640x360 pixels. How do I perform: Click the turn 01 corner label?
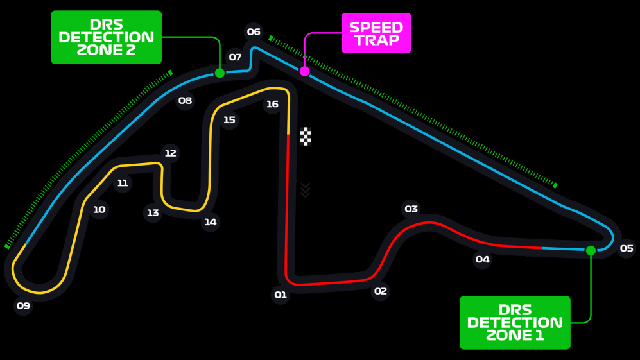pyautogui.click(x=281, y=295)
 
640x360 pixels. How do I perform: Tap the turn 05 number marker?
pyautogui.click(x=627, y=248)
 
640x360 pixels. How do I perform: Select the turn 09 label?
pyautogui.click(x=23, y=305)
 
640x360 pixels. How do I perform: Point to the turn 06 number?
pyautogui.click(x=254, y=31)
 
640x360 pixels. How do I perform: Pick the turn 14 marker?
pyautogui.click(x=210, y=222)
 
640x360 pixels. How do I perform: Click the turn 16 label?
pyautogui.click(x=272, y=104)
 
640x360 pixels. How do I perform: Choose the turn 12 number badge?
pyautogui.click(x=170, y=153)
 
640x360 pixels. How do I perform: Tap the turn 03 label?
pyautogui.click(x=411, y=209)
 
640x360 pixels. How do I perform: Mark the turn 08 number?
pyautogui.click(x=185, y=100)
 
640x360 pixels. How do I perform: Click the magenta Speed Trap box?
pyautogui.click(x=376, y=33)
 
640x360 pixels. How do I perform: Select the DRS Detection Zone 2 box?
pyautogui.click(x=106, y=37)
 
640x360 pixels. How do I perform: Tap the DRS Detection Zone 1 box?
pyautogui.click(x=515, y=322)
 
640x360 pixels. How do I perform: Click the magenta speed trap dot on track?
pyautogui.click(x=304, y=71)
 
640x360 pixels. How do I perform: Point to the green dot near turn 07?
pyautogui.click(x=220, y=73)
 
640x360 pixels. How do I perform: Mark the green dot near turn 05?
pyautogui.click(x=591, y=251)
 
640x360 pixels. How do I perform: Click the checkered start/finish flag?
pyautogui.click(x=306, y=136)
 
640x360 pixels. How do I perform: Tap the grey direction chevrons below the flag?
pyautogui.click(x=306, y=190)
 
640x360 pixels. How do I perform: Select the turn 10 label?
pyautogui.click(x=99, y=210)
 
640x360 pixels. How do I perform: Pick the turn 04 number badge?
pyautogui.click(x=482, y=259)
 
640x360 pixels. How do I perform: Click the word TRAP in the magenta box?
pyautogui.click(x=377, y=40)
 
